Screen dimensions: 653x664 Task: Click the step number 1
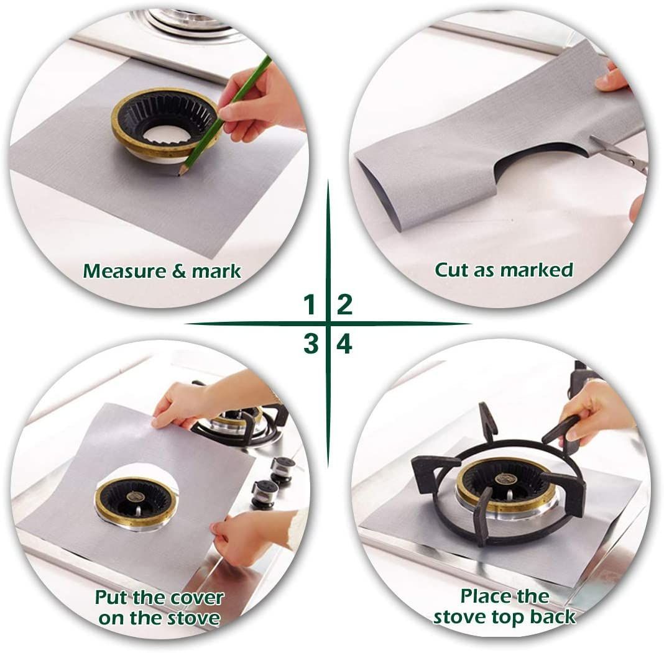309,305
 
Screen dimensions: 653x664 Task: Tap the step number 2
344,305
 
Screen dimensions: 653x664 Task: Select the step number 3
310,344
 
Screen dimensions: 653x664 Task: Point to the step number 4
344,344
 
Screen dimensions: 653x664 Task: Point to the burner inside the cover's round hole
136,501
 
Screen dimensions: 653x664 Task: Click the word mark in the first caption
216,272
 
